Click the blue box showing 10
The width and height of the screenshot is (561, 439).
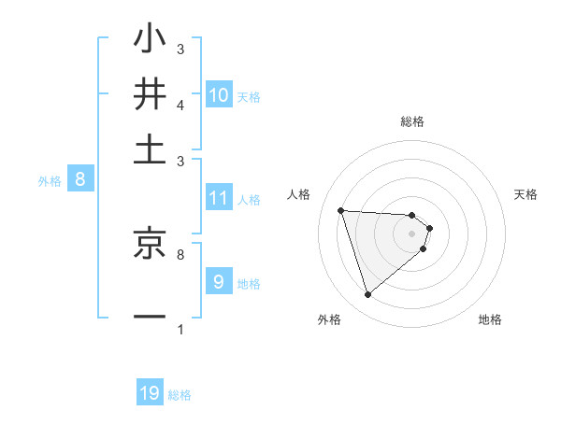click(x=219, y=94)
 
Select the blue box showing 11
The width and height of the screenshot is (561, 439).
click(x=219, y=198)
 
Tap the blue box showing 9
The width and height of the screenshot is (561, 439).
click(x=219, y=282)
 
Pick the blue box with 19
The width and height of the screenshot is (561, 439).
click(x=150, y=393)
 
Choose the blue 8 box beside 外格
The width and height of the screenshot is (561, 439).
click(x=79, y=179)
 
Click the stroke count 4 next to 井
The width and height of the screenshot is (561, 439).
click(x=180, y=105)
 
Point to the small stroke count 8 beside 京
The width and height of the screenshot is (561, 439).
click(x=180, y=253)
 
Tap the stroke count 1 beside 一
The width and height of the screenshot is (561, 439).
click(x=180, y=329)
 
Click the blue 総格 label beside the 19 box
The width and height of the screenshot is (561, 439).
click(x=180, y=395)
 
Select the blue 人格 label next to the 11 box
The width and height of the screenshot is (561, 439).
click(x=249, y=199)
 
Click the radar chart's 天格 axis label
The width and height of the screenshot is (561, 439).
click(x=525, y=194)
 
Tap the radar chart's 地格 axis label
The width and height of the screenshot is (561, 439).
click(x=490, y=319)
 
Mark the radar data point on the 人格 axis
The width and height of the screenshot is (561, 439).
click(x=341, y=210)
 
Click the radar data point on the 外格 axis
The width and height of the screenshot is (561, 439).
click(x=367, y=295)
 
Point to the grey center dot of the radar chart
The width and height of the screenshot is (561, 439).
click(x=412, y=233)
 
